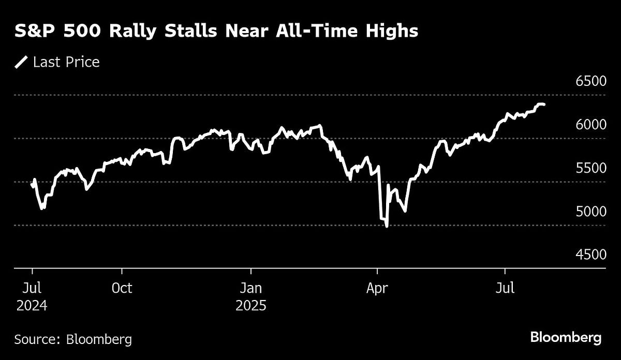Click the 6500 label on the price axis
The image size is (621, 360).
pos(590,82)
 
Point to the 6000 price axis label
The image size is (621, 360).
pos(590,125)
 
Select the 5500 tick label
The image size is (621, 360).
pos(590,168)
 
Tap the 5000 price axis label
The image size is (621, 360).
pos(590,212)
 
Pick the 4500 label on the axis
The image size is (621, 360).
pos(590,254)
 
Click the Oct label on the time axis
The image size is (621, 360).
pos(122,288)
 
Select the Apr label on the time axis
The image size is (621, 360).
pos(377,288)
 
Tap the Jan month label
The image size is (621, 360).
pos(251,288)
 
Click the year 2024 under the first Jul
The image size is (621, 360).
pos(32,306)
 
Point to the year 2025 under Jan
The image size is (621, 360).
pos(251,306)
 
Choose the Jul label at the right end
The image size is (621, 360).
pos(505,288)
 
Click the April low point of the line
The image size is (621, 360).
pos(387,226)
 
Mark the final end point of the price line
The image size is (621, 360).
pos(544,104)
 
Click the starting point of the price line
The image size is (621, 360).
pos(32,184)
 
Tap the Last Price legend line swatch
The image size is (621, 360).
pos(21,63)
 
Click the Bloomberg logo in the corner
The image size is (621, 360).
pos(566,338)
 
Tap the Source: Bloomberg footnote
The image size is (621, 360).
pos(73,339)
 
